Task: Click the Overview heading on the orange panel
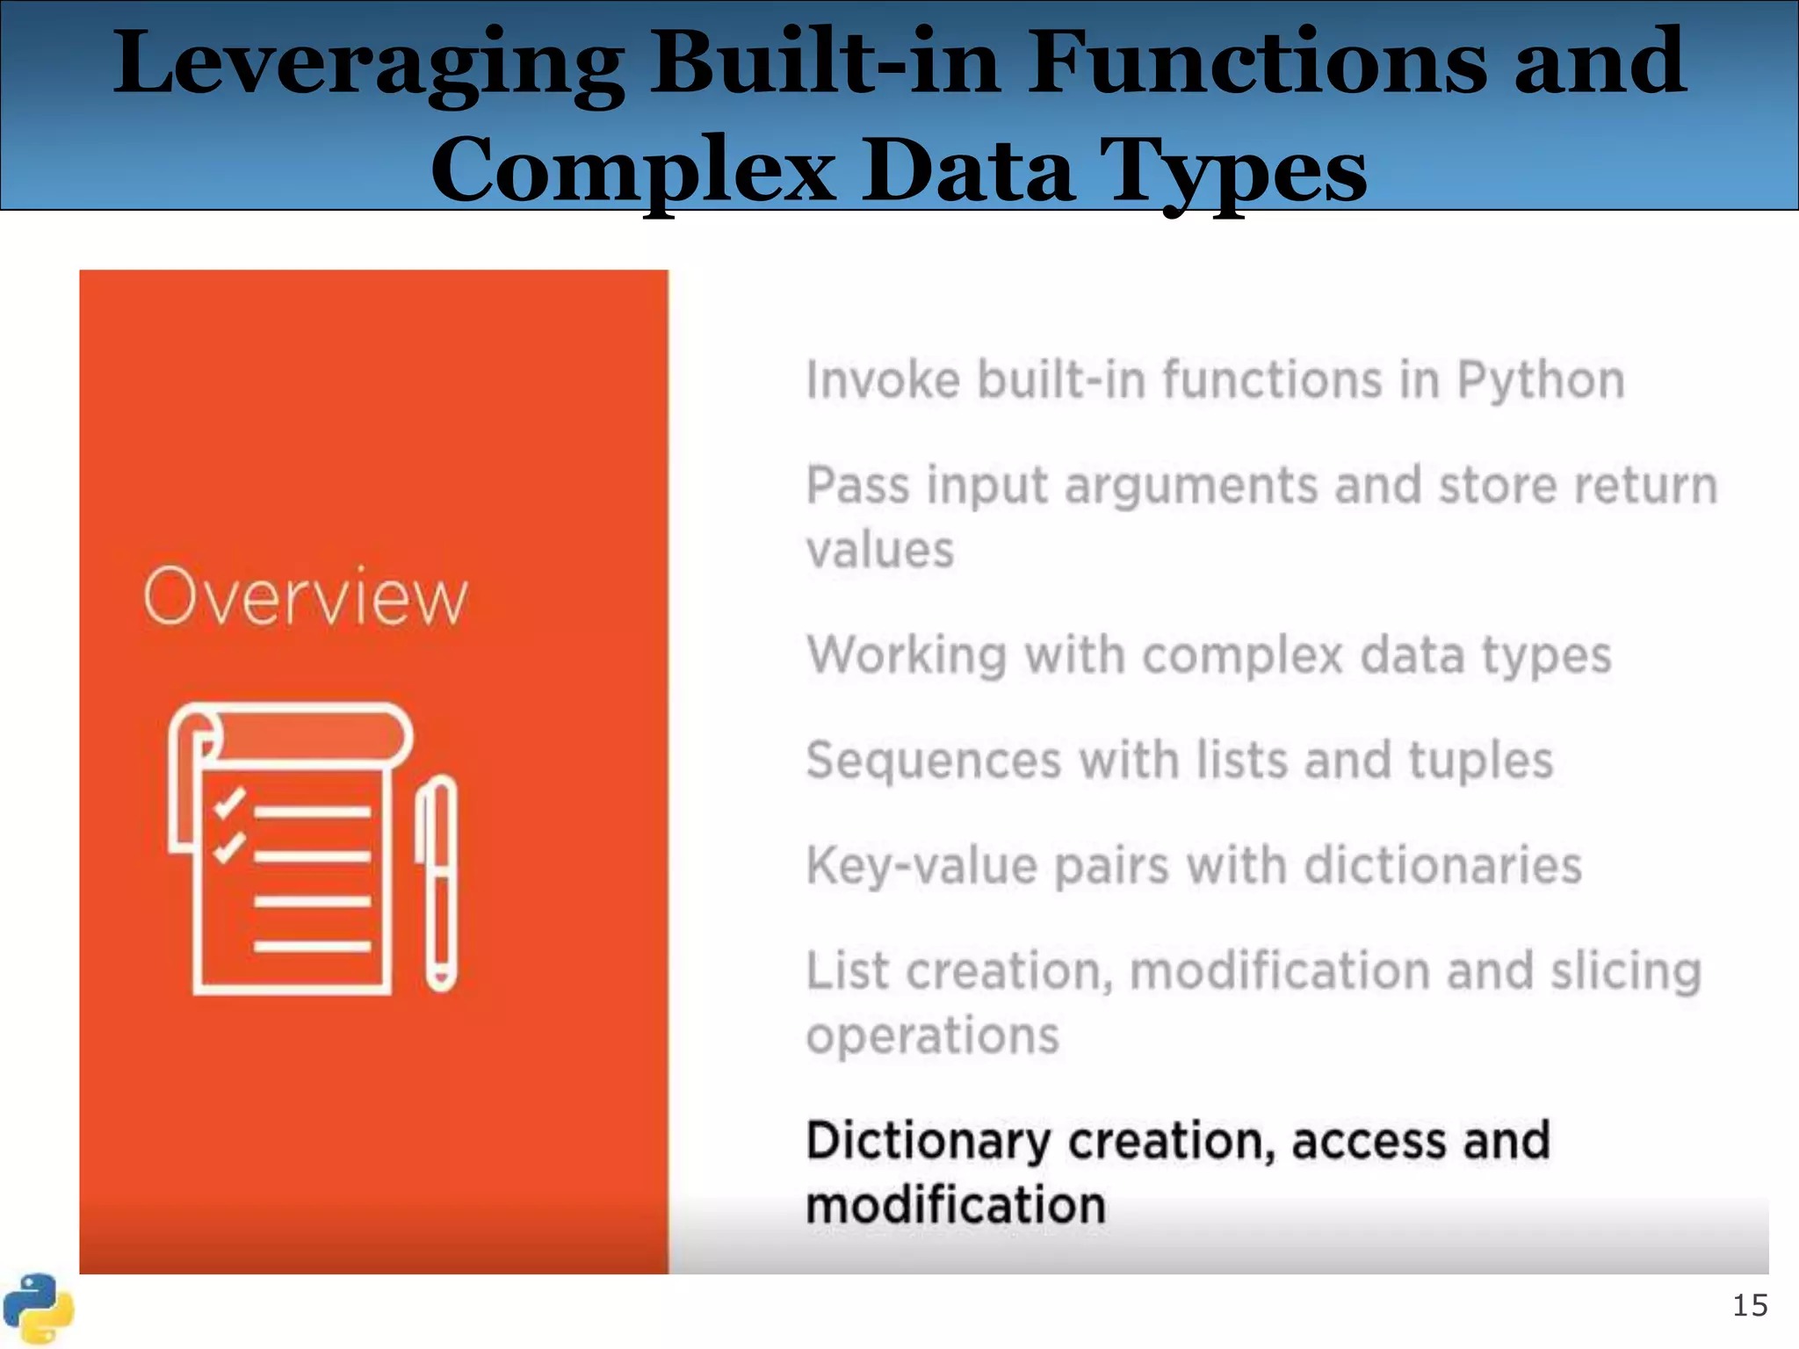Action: click(x=305, y=598)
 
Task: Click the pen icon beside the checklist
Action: click(x=438, y=883)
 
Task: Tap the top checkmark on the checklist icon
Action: click(x=230, y=802)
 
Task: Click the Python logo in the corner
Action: click(x=37, y=1309)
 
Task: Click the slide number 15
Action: click(x=1749, y=1306)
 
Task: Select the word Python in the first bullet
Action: click(x=1541, y=381)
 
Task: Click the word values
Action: click(x=880, y=551)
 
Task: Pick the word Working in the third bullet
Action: click(x=906, y=656)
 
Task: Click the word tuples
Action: click(x=1481, y=761)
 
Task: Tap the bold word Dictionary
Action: click(x=928, y=1141)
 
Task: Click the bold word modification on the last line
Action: click(x=956, y=1205)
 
